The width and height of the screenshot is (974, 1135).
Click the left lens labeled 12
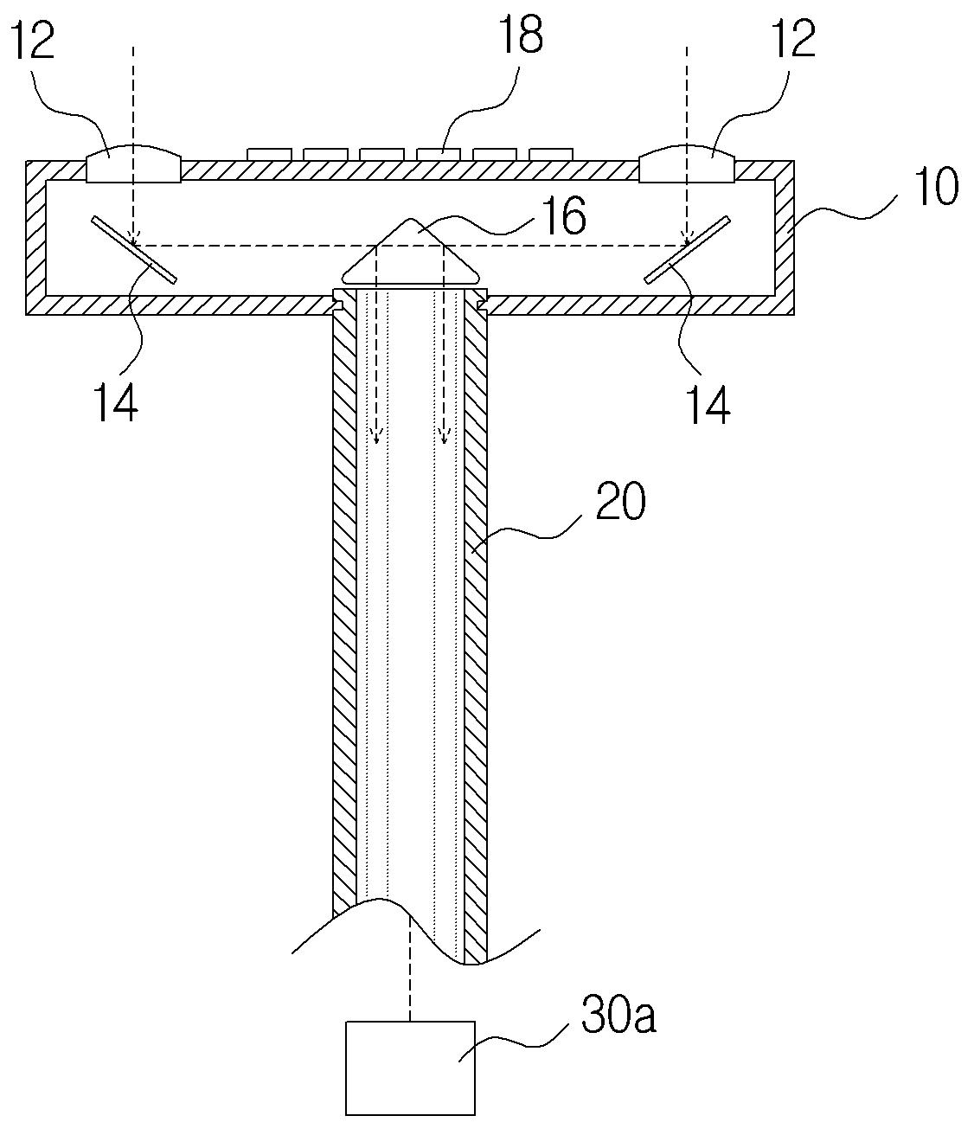[x=134, y=164]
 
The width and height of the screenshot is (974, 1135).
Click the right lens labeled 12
[x=687, y=164]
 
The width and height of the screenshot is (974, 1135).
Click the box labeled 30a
[x=410, y=1068]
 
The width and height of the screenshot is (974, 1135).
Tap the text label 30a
[x=618, y=1017]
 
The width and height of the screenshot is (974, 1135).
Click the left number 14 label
[x=116, y=404]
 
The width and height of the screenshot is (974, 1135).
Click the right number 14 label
[x=707, y=404]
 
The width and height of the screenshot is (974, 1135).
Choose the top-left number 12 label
[x=31, y=40]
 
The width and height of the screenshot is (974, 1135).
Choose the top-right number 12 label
[x=791, y=40]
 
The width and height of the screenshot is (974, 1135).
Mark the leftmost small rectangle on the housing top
[x=269, y=154]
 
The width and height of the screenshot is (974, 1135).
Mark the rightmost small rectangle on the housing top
[x=551, y=154]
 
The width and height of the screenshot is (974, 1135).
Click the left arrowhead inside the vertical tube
[x=376, y=436]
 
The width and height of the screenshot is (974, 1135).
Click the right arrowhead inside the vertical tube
[x=444, y=436]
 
